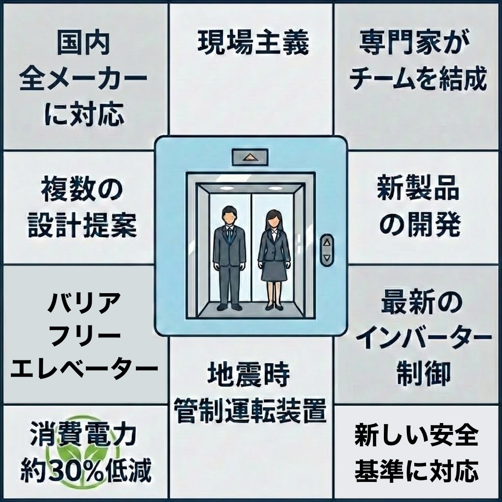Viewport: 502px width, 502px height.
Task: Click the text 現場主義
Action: [x=253, y=43]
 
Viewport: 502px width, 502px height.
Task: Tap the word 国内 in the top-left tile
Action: [x=83, y=43]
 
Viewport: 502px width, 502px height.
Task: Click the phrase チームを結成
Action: [x=418, y=78]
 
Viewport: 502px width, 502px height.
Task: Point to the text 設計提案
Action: [x=83, y=225]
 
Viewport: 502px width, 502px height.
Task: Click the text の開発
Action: [x=418, y=225]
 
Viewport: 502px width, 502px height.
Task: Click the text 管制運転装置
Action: [x=250, y=411]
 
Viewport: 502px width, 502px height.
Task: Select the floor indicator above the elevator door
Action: [x=250, y=158]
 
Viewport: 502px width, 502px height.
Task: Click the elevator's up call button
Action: [x=327, y=241]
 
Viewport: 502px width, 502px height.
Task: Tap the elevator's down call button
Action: [x=327, y=257]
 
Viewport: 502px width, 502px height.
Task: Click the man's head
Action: [x=229, y=215]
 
